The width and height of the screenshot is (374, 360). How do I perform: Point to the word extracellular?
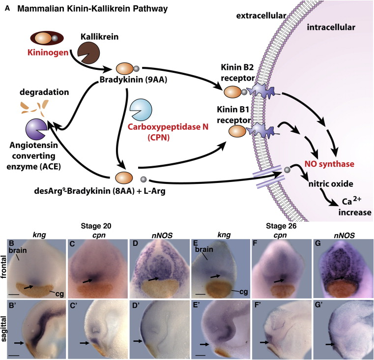click(258, 16)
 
